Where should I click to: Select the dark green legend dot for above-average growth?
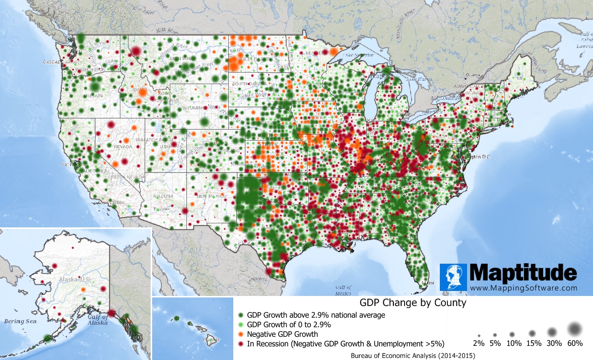(x=241, y=315)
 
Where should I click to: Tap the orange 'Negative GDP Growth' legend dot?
(x=241, y=334)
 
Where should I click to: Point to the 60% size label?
(x=574, y=343)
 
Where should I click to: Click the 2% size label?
(x=479, y=343)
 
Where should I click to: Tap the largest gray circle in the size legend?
(x=574, y=329)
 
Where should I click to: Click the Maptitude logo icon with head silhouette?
(x=453, y=277)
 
